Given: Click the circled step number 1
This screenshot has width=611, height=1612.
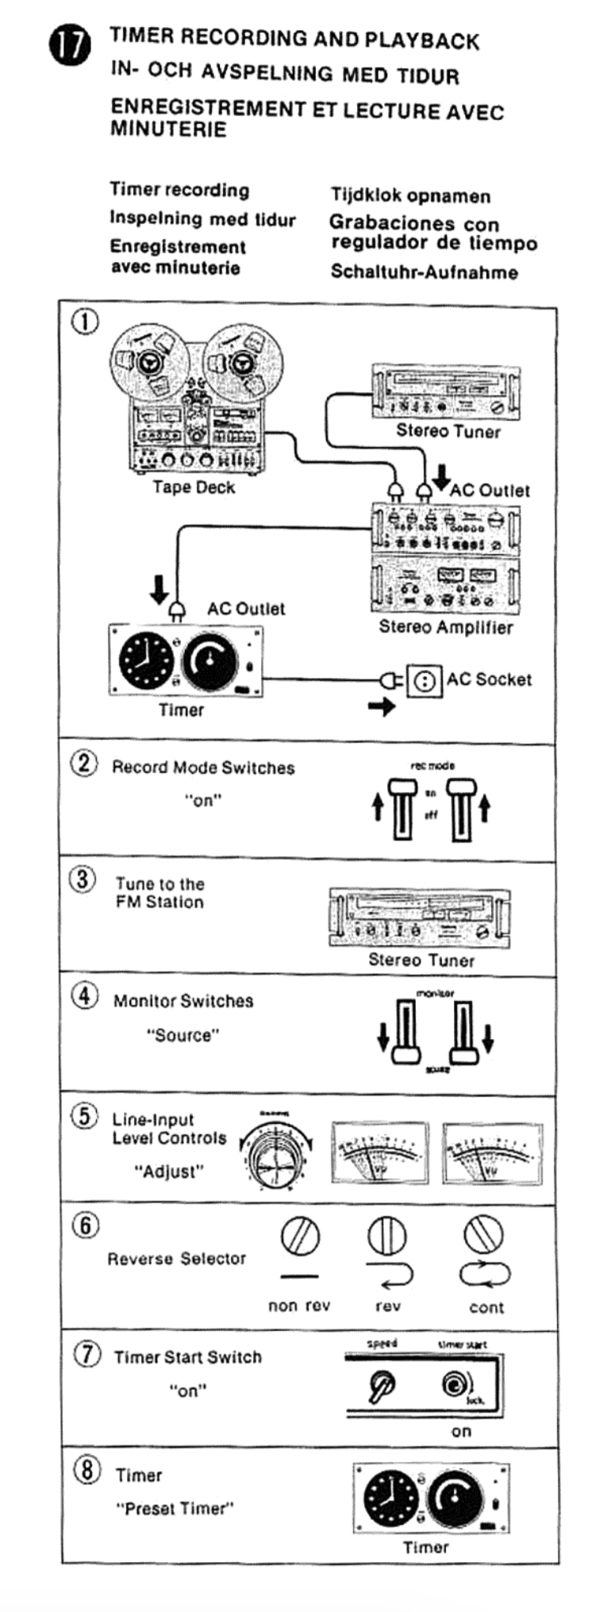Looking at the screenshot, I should tap(85, 321).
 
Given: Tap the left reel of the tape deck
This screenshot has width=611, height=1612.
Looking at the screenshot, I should tap(148, 364).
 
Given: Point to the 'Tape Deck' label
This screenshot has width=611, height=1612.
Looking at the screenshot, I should tap(194, 487).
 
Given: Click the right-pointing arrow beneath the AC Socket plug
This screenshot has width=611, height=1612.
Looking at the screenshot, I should tap(382, 706).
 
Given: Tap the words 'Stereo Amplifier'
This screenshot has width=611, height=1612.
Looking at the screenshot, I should tap(445, 627).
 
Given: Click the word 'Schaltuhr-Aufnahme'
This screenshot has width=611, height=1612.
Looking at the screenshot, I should tap(424, 272).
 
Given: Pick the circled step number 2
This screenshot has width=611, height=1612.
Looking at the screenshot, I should tap(84, 764).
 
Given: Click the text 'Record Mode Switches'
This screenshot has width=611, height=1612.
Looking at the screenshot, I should tap(203, 768).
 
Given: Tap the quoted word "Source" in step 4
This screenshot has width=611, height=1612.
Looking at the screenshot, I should tap(183, 1035).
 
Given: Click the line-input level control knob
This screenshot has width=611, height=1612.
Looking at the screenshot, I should tap(274, 1156).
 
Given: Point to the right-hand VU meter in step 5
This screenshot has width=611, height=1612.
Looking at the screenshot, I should tap(492, 1153).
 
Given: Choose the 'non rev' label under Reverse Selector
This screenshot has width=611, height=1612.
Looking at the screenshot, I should tap(298, 1306).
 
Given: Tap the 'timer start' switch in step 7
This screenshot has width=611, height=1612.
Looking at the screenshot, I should tap(454, 1385).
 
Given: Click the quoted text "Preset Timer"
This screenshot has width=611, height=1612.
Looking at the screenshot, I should tap(175, 1509).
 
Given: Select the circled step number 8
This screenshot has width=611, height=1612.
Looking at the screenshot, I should tap(86, 1471).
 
